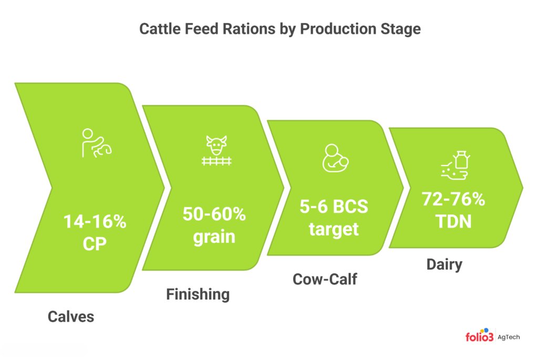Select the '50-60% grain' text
tap(213, 225)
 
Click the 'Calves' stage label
tap(71, 317)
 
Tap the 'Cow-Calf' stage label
tap(325, 279)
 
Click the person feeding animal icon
tap(96, 143)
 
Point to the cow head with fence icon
tap(216, 151)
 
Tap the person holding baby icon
tap(334, 158)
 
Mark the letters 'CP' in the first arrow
tap(95, 244)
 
